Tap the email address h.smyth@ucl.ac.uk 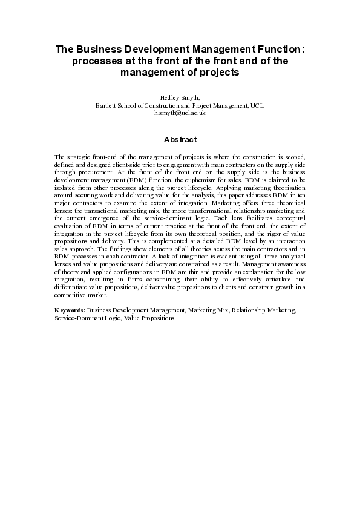coord(180,113)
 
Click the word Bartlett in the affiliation coord(106,105)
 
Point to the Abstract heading coord(180,140)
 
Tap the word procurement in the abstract coord(91,172)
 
